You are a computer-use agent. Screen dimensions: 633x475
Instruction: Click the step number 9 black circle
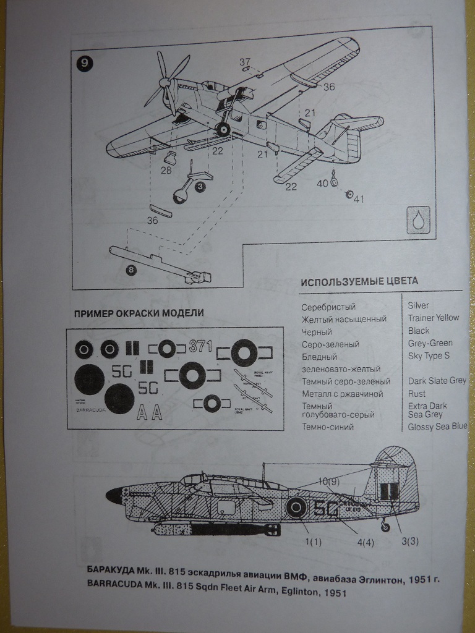pos(84,63)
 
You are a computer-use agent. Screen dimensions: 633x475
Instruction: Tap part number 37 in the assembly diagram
pos(245,62)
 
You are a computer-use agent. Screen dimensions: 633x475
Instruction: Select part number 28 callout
pos(166,170)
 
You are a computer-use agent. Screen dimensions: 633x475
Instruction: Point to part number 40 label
pos(323,183)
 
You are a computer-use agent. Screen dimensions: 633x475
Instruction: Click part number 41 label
pos(359,198)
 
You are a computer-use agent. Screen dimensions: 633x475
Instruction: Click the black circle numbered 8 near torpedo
pos(130,269)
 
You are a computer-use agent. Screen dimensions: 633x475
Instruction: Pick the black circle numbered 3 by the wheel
pos(200,186)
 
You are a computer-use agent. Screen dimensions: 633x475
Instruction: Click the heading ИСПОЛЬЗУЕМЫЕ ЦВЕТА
pos(359,281)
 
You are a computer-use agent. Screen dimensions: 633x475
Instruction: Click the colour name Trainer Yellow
pos(434,318)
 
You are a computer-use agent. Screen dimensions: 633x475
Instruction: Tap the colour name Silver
pos(419,305)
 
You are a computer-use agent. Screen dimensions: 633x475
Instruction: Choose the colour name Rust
pos(417,393)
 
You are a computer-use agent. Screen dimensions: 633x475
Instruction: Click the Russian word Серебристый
pos(328,307)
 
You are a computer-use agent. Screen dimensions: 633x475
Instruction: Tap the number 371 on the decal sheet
pos(200,346)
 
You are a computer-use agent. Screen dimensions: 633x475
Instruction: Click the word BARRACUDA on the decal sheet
pos(91,409)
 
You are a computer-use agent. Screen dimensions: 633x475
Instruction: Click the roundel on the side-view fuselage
pos(296,508)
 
